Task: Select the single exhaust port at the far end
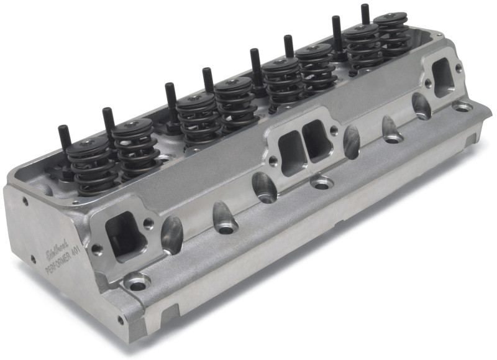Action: tap(443, 77)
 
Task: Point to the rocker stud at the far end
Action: tap(365, 16)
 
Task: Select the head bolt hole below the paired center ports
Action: tap(321, 184)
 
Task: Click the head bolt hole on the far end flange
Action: tap(463, 107)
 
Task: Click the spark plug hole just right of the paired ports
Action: tap(351, 142)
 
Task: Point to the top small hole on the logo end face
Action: tap(25, 201)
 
